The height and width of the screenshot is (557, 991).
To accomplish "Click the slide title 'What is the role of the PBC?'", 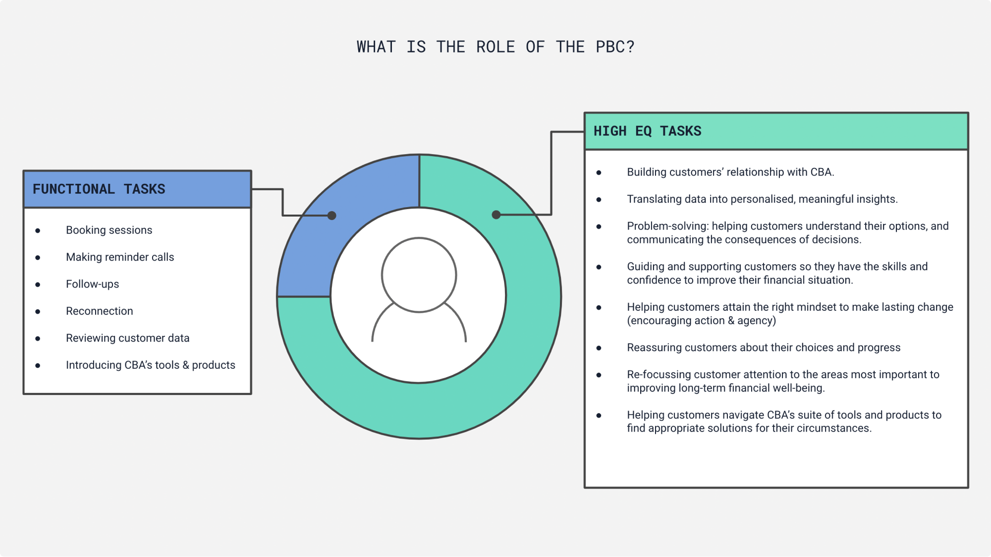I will point(495,47).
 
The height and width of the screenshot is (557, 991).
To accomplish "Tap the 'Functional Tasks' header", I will point(99,189).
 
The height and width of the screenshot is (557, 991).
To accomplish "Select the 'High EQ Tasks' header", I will point(647,131).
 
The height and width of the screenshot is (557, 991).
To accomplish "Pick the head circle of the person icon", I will point(419,275).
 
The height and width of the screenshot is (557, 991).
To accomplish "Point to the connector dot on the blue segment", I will point(332,216).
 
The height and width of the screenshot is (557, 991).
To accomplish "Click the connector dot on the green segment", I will point(496,215).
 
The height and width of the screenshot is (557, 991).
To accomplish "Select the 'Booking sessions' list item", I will point(109,230).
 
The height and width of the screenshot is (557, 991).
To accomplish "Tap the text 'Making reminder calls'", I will point(120,257).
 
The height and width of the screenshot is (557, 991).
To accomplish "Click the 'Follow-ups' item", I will point(92,284).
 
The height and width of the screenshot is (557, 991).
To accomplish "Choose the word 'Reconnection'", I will point(99,311).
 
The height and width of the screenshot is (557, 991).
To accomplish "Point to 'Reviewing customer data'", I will point(127,338).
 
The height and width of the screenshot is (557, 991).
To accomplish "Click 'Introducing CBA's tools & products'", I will point(150,365).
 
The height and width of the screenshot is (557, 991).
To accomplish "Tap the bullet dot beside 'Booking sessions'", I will point(38,231).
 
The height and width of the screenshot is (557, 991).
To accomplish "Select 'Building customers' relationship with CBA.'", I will point(730,172).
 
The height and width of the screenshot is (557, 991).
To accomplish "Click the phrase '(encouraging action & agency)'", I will point(701,321).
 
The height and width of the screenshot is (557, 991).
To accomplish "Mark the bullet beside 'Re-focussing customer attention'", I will point(599,375).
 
